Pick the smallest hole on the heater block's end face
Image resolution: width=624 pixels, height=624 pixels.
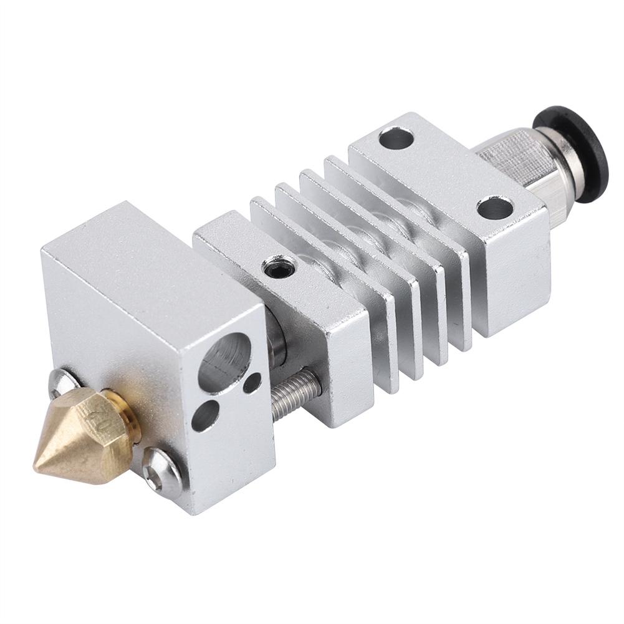click(252, 382)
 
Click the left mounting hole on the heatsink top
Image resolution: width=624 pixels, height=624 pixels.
click(396, 138)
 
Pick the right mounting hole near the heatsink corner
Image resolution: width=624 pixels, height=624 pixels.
click(495, 208)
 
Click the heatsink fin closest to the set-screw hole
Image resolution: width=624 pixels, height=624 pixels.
click(324, 281)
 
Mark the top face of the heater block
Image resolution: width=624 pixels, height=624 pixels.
click(150, 262)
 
